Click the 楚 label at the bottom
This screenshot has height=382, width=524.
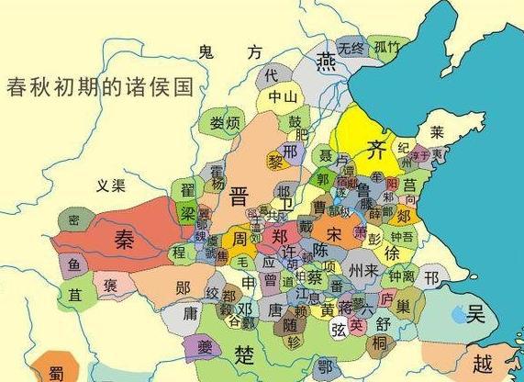click(244, 354)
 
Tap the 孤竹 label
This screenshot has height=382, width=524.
click(386, 47)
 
